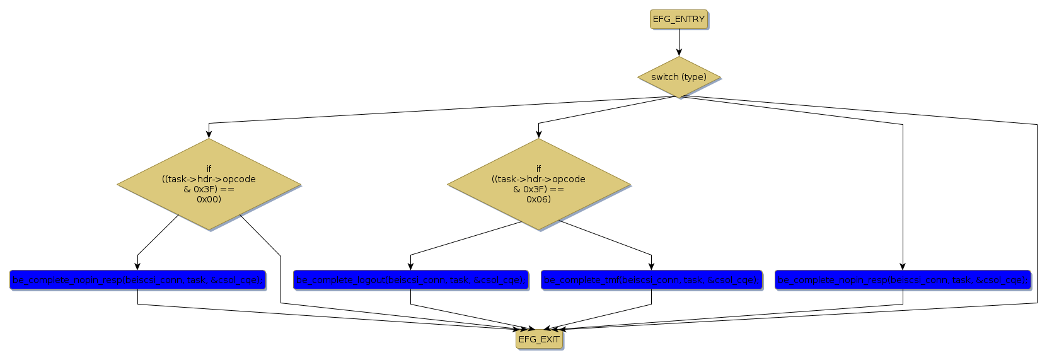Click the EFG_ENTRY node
click(x=679, y=20)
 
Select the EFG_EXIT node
click(x=539, y=339)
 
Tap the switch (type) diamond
click(x=679, y=77)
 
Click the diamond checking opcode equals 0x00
click(x=209, y=184)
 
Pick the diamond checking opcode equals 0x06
click(x=538, y=184)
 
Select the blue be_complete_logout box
click(x=410, y=280)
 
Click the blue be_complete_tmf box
click(x=651, y=280)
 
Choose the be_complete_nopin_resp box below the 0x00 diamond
click(x=137, y=280)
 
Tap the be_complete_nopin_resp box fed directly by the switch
click(x=903, y=280)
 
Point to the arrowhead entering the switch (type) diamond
click(x=679, y=53)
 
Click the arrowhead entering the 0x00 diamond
click(x=209, y=134)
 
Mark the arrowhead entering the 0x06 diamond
click(x=538, y=134)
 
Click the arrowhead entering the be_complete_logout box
click(x=410, y=267)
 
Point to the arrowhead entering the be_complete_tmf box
click(x=651, y=267)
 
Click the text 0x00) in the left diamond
click(x=209, y=199)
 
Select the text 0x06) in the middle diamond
click(x=538, y=199)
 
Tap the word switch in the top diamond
click(x=664, y=77)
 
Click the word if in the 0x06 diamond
click(x=538, y=169)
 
